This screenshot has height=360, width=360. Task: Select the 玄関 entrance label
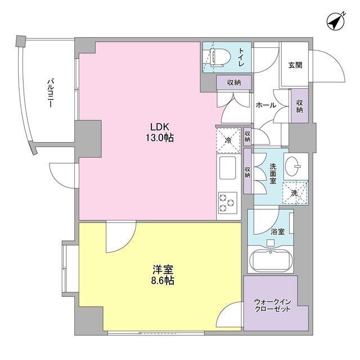(295, 65)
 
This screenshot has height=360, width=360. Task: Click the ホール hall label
(265, 105)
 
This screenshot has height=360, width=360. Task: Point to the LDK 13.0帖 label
(161, 131)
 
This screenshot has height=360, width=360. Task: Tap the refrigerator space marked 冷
(228, 139)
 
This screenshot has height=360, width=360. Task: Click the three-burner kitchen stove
(228, 202)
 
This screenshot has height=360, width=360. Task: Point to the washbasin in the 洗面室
(294, 165)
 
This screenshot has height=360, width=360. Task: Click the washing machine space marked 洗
(294, 191)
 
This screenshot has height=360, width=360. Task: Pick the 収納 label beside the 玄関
(299, 106)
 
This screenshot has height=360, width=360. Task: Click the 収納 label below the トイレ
(235, 83)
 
